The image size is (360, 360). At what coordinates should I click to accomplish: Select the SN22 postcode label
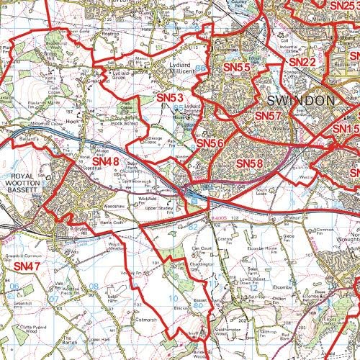click(303, 63)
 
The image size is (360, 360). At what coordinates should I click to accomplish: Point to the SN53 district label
click(170, 97)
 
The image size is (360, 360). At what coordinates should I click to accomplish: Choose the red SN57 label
click(268, 115)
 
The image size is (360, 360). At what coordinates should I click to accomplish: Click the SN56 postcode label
click(211, 144)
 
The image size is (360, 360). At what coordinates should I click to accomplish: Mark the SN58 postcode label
click(249, 163)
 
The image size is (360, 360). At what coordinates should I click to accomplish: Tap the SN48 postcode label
click(105, 161)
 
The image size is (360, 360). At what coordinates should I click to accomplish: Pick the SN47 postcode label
click(27, 266)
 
